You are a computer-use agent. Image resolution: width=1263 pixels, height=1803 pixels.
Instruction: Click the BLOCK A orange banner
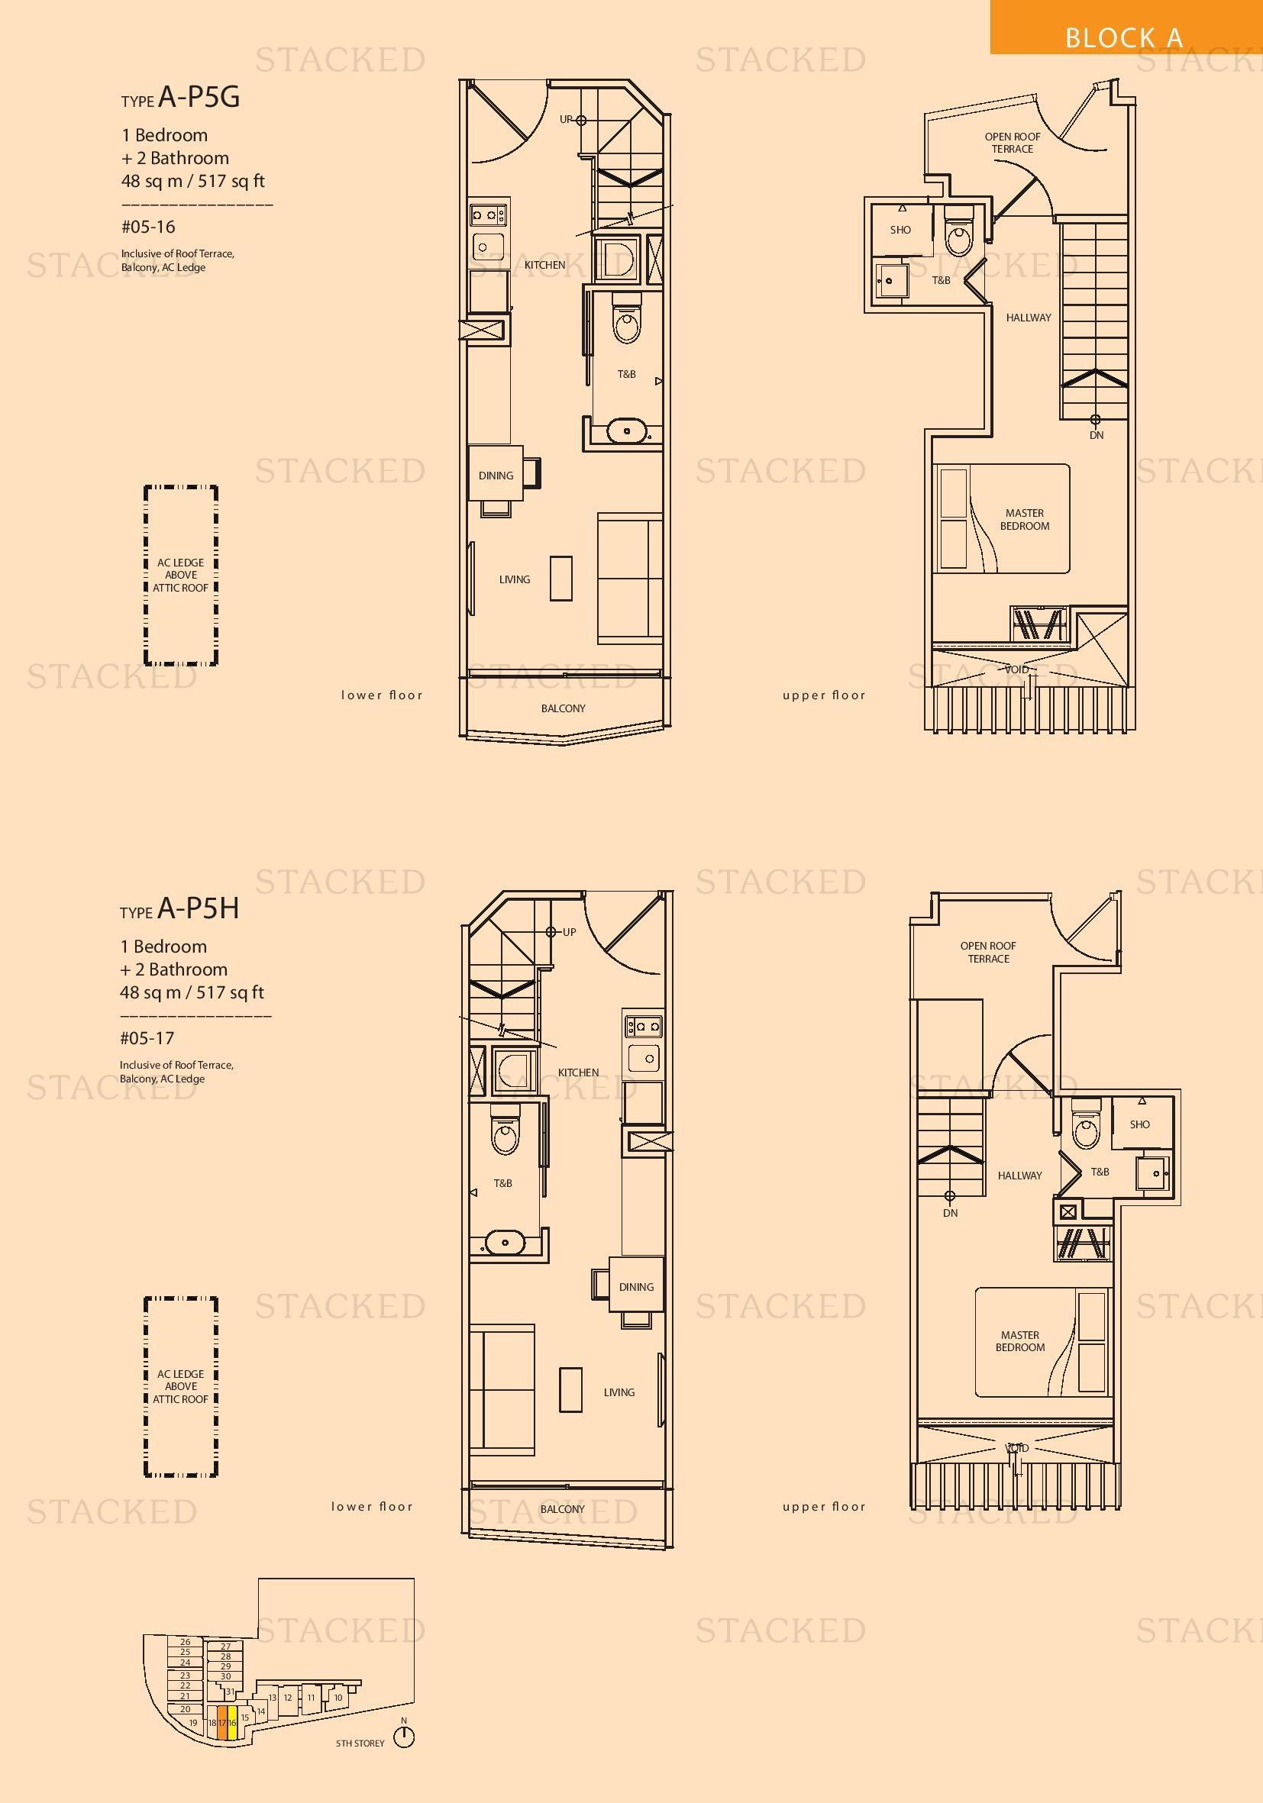pyautogui.click(x=1126, y=27)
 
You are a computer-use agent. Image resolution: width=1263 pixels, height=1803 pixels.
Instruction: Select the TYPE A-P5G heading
pyautogui.click(x=181, y=98)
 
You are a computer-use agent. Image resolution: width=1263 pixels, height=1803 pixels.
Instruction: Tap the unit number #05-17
pyautogui.click(x=147, y=1038)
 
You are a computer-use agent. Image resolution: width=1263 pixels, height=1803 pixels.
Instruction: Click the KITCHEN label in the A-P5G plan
pyautogui.click(x=544, y=266)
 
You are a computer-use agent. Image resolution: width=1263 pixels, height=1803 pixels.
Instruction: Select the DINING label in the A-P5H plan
pyautogui.click(x=636, y=1287)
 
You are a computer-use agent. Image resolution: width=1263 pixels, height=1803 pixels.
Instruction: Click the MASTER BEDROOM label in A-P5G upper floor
pyautogui.click(x=1024, y=519)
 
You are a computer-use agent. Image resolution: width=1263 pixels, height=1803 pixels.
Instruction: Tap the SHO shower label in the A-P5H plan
pyautogui.click(x=1140, y=1124)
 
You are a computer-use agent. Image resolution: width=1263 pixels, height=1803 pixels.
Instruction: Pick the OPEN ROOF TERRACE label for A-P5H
pyautogui.click(x=988, y=952)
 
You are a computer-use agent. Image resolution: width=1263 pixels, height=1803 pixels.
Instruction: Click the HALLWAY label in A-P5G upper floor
pyautogui.click(x=1028, y=318)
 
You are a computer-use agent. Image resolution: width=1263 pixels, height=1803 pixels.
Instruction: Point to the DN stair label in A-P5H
pyautogui.click(x=951, y=1212)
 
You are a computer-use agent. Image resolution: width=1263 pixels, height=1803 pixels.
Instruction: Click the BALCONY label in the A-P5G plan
pyautogui.click(x=564, y=708)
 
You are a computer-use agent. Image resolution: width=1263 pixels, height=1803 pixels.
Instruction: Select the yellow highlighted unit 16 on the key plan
pyautogui.click(x=232, y=1723)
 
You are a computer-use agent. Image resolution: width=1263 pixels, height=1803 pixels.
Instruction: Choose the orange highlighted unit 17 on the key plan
pyautogui.click(x=222, y=1723)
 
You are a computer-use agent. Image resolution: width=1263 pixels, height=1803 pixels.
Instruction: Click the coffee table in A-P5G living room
pyautogui.click(x=560, y=578)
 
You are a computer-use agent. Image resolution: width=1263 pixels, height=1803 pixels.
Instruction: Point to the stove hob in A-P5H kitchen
pyautogui.click(x=643, y=1026)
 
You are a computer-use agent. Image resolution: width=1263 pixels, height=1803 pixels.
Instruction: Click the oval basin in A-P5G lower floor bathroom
pyautogui.click(x=628, y=431)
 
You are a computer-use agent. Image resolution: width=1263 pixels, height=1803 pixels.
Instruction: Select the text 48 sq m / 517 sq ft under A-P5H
pyautogui.click(x=192, y=992)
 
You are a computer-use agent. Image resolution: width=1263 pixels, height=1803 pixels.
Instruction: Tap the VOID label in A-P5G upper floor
pyautogui.click(x=1017, y=669)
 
